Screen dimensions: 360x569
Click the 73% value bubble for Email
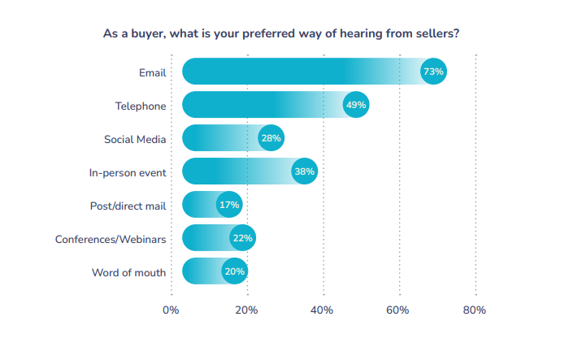(x=433, y=72)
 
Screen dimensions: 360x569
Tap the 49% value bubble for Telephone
(x=356, y=105)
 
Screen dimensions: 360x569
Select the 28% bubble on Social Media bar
(x=271, y=138)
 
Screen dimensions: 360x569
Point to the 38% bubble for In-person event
(x=305, y=171)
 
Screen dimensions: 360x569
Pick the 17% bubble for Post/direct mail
(x=229, y=205)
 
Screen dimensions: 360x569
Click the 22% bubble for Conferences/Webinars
(x=243, y=238)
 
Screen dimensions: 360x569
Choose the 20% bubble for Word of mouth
(x=235, y=271)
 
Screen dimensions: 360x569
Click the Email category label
(x=152, y=72)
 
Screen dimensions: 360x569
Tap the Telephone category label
(x=141, y=106)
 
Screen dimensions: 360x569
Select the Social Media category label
(x=135, y=139)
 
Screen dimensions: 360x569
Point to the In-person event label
(x=128, y=172)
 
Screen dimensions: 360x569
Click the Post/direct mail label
(x=128, y=206)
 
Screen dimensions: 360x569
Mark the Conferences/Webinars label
(x=111, y=239)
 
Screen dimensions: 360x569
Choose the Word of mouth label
(x=129, y=272)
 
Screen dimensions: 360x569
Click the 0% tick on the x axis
(x=171, y=310)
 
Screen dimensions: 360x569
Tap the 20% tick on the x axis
(x=247, y=310)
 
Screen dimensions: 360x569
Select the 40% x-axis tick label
(x=324, y=310)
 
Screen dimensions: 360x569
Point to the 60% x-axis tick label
(x=399, y=310)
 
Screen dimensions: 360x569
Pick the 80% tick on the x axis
(x=475, y=310)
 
